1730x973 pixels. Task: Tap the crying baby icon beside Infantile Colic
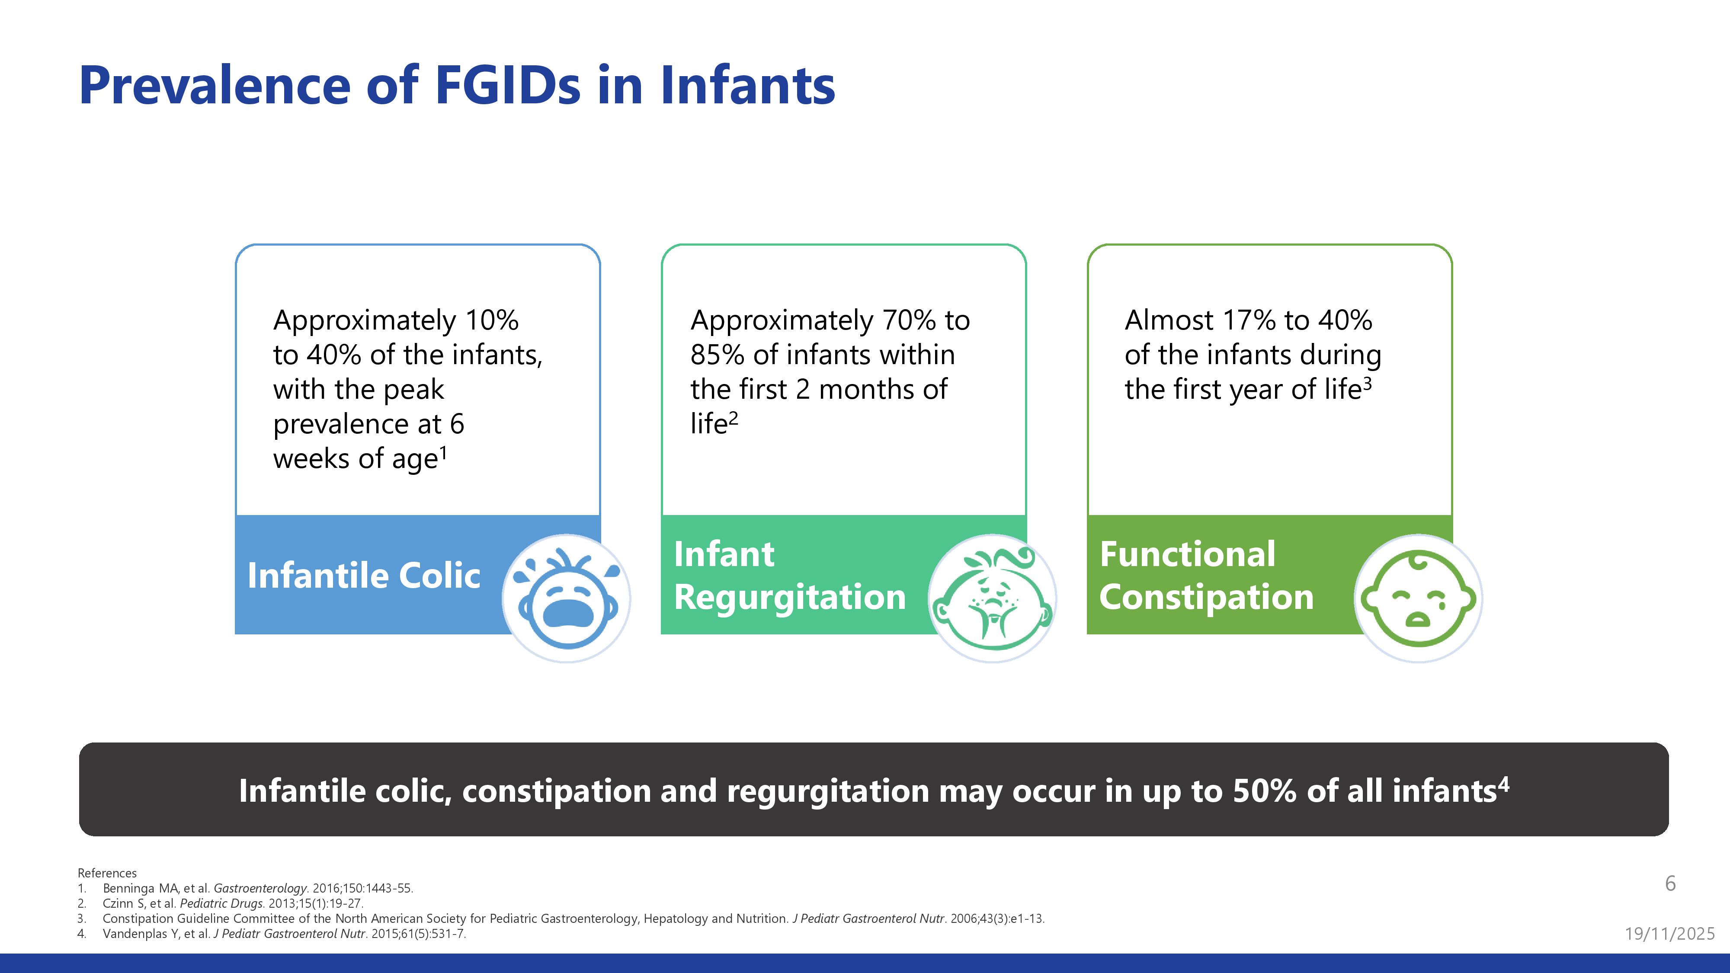[567, 599]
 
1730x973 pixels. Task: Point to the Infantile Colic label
[364, 576]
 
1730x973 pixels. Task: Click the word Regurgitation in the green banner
[790, 597]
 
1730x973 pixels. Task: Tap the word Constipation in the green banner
[1206, 597]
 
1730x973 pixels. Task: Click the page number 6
[1670, 883]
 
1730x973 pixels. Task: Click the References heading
[107, 873]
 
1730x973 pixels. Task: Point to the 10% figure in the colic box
[492, 320]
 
